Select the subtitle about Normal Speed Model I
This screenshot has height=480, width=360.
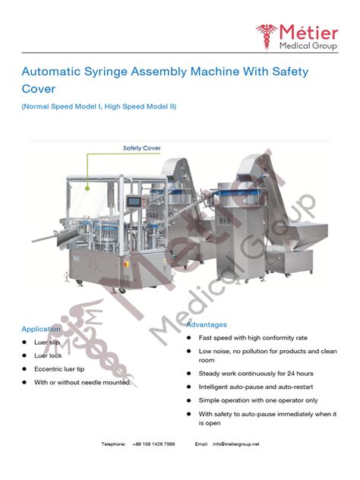click(99, 106)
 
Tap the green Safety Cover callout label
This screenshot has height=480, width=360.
click(141, 147)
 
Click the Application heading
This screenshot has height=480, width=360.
click(41, 329)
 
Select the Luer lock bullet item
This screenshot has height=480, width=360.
click(49, 355)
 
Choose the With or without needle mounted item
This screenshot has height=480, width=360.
click(82, 382)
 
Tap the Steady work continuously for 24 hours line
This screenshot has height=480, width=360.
click(255, 374)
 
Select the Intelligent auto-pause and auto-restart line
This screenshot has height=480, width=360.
click(256, 387)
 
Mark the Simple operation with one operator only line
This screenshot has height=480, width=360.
click(257, 399)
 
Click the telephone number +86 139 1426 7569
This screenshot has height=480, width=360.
click(153, 444)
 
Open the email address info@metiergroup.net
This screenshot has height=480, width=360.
click(235, 444)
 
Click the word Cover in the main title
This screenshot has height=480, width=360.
click(39, 90)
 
